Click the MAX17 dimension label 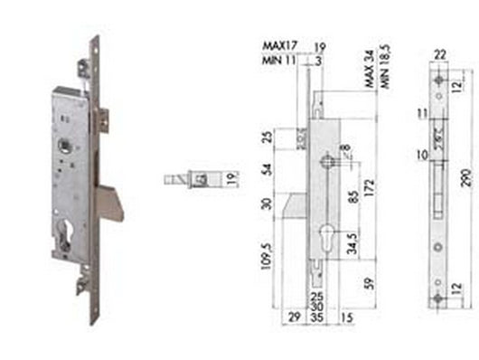click(x=277, y=43)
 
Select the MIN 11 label click(x=276, y=57)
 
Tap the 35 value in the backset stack click(x=317, y=317)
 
